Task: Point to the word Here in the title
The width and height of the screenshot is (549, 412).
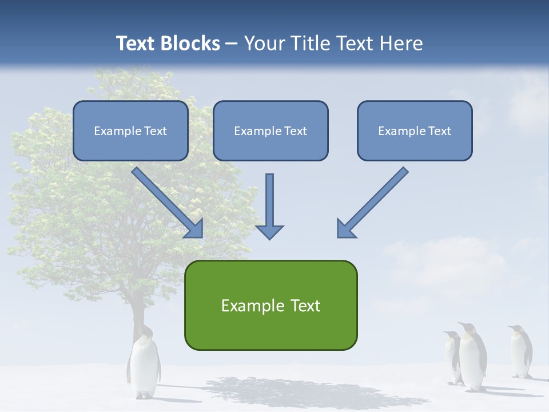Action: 400,43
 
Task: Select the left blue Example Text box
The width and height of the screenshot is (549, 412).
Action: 130,130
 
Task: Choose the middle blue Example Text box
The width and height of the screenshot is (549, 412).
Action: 270,130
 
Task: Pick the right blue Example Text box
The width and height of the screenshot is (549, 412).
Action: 415,130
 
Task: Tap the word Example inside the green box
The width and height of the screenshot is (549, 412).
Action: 245,306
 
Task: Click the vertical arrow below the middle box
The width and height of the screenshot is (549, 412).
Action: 269,200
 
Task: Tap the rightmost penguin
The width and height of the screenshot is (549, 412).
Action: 520,352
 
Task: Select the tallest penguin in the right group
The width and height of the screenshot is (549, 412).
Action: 472,358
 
